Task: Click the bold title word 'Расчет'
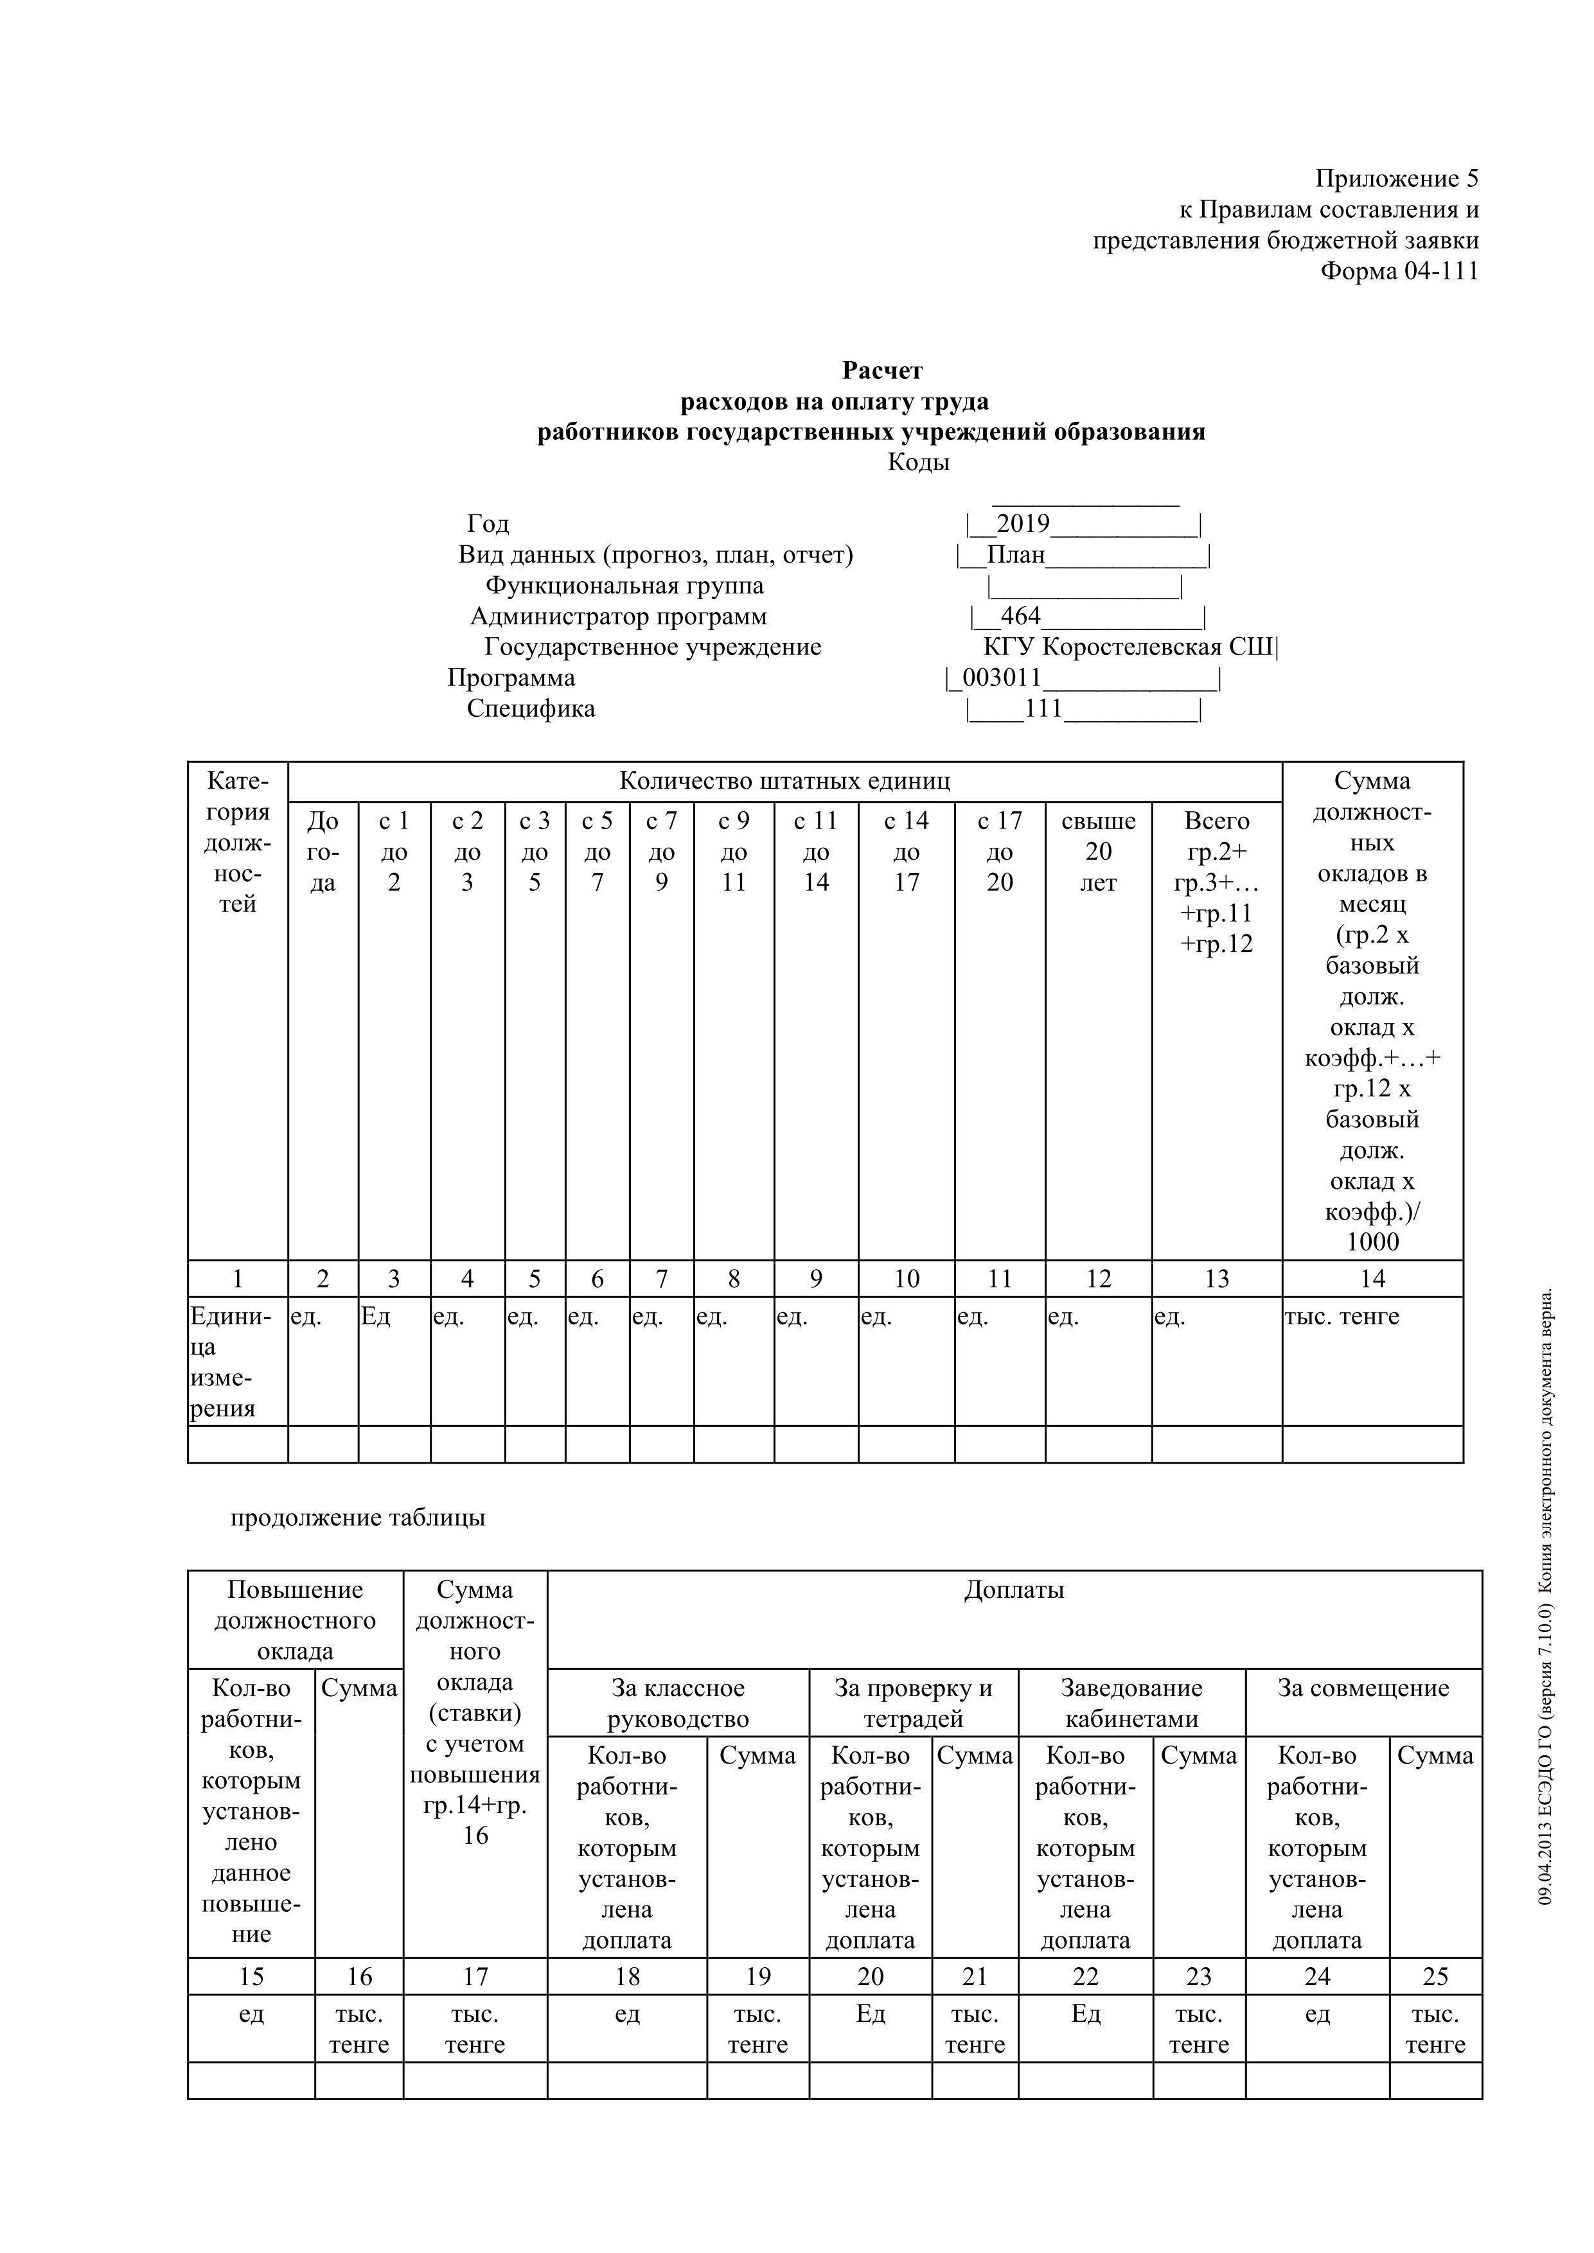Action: click(881, 370)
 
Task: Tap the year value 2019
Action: click(1023, 524)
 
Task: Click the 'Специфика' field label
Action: click(530, 708)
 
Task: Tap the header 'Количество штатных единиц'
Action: click(784, 781)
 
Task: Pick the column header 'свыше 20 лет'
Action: click(1099, 852)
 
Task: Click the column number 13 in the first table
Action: click(1216, 1279)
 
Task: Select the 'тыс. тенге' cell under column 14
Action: click(1341, 1317)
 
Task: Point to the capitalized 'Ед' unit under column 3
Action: click(375, 1317)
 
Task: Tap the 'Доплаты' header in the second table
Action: click(1014, 1590)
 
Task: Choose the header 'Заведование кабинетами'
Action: click(1131, 1703)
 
